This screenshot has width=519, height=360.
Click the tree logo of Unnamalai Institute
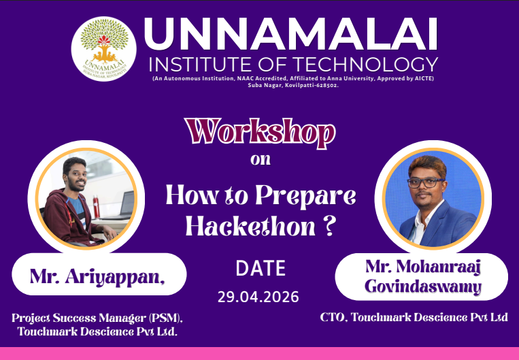click(x=104, y=49)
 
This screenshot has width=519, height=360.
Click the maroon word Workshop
click(x=260, y=133)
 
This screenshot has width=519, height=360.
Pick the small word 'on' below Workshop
click(x=261, y=159)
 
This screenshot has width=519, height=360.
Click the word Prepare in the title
click(x=305, y=195)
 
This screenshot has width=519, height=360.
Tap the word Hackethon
click(x=250, y=226)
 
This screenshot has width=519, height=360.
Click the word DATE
click(x=261, y=268)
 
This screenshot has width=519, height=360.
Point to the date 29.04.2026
click(x=258, y=297)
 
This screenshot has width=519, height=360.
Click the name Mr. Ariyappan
click(x=97, y=276)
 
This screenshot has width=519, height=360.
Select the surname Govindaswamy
click(x=422, y=287)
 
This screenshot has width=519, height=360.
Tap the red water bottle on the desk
click(x=96, y=207)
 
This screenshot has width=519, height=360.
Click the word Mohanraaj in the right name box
click(x=439, y=267)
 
